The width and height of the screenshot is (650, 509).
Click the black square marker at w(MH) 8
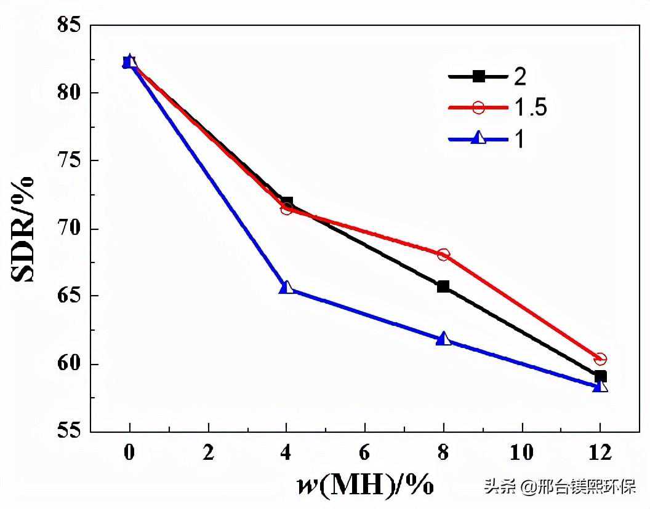click(443, 286)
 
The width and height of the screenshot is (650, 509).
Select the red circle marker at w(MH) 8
click(443, 254)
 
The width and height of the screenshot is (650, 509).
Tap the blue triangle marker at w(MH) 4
click(286, 287)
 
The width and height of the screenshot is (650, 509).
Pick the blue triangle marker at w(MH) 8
click(443, 339)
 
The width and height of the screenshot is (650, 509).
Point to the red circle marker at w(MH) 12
click(600, 359)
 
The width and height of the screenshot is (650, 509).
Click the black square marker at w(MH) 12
click(600, 376)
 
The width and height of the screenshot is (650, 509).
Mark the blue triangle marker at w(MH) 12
click(600, 386)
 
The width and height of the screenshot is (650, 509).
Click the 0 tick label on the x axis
click(129, 453)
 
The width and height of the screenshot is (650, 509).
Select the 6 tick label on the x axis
click(365, 453)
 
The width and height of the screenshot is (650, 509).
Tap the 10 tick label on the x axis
click(522, 453)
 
